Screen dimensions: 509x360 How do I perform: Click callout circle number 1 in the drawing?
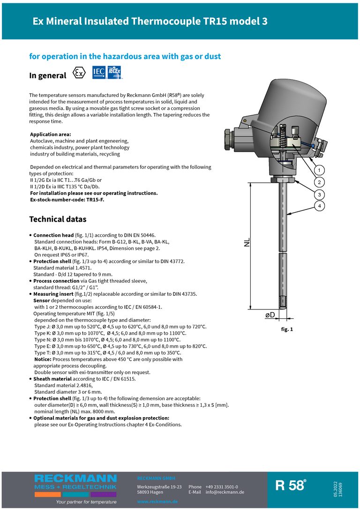click(319, 170)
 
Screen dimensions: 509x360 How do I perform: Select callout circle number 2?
click(319, 182)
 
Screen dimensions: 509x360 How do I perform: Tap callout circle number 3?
click(319, 195)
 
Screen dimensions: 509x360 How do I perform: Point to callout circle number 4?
click(319, 206)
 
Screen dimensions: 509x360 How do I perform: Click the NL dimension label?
click(247, 242)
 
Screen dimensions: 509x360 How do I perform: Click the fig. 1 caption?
click(287, 329)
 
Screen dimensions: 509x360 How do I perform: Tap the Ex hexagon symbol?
click(80, 74)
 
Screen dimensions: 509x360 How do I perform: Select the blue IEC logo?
click(99, 72)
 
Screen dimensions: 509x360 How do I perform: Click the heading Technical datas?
click(58, 219)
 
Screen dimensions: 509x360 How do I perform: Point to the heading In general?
click(48, 75)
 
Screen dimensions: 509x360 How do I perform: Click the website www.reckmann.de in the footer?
click(157, 502)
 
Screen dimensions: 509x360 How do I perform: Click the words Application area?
click(50, 135)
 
